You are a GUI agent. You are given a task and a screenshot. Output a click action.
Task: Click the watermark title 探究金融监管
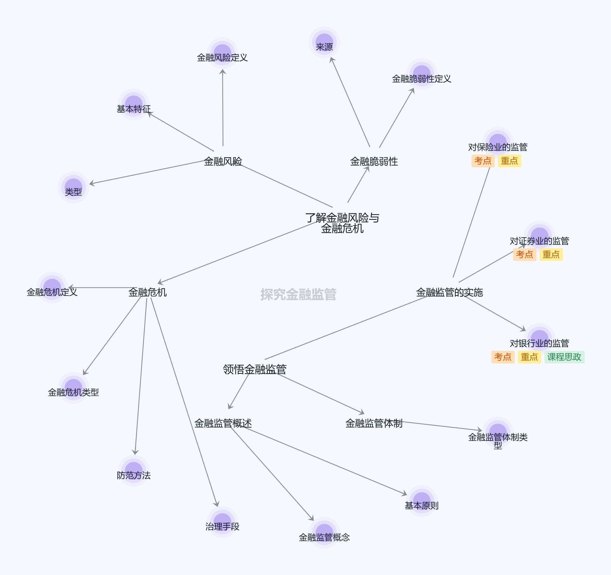pos(298,294)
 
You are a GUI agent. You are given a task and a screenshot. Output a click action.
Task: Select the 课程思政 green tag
pos(564,357)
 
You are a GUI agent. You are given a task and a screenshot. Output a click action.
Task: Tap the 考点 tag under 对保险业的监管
pos(482,161)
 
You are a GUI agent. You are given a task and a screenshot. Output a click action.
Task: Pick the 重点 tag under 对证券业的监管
pos(551,254)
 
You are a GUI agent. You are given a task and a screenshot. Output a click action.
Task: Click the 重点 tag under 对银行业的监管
pos(529,357)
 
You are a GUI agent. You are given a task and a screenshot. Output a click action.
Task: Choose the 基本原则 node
pos(421,501)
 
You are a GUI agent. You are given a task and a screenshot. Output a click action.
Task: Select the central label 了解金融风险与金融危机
pos(342,223)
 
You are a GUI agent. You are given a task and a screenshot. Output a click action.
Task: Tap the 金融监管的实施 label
pos(449,292)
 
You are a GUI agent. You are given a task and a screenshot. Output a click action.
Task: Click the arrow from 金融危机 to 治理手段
pos(184,403)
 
